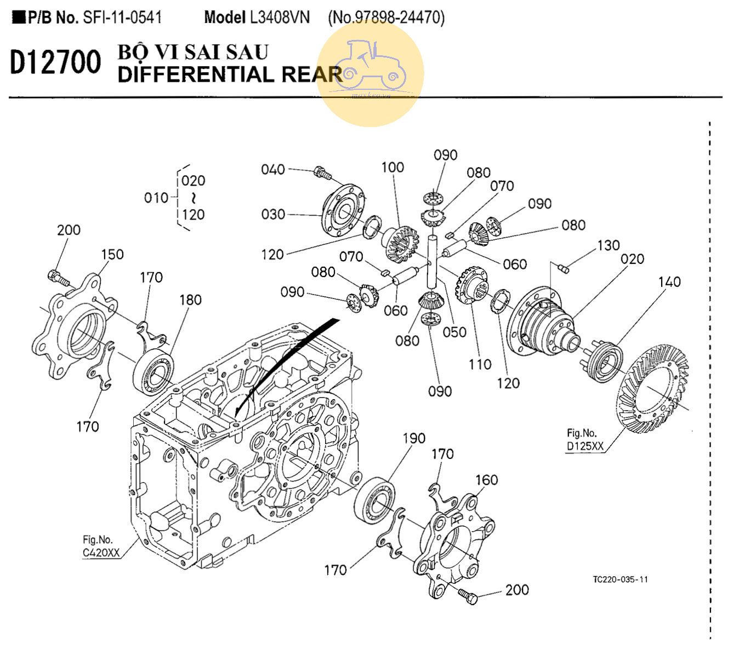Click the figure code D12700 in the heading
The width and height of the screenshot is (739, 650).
click(55, 62)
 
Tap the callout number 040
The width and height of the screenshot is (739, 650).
click(272, 169)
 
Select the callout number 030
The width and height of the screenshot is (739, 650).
click(272, 214)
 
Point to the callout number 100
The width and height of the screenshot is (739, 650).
click(392, 167)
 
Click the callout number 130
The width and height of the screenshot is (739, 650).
click(608, 245)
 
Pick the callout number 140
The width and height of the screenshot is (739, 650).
click(669, 281)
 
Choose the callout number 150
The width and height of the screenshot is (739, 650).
click(112, 254)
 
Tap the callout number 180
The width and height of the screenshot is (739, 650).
click(190, 300)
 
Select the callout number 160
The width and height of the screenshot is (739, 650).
click(486, 480)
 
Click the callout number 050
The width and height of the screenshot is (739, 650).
click(454, 332)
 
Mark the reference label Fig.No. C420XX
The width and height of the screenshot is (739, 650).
click(101, 547)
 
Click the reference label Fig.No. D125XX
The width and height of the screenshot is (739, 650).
click(584, 440)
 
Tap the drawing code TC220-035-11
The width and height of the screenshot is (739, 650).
click(620, 579)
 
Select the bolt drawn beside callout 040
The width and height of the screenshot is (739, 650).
click(322, 172)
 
